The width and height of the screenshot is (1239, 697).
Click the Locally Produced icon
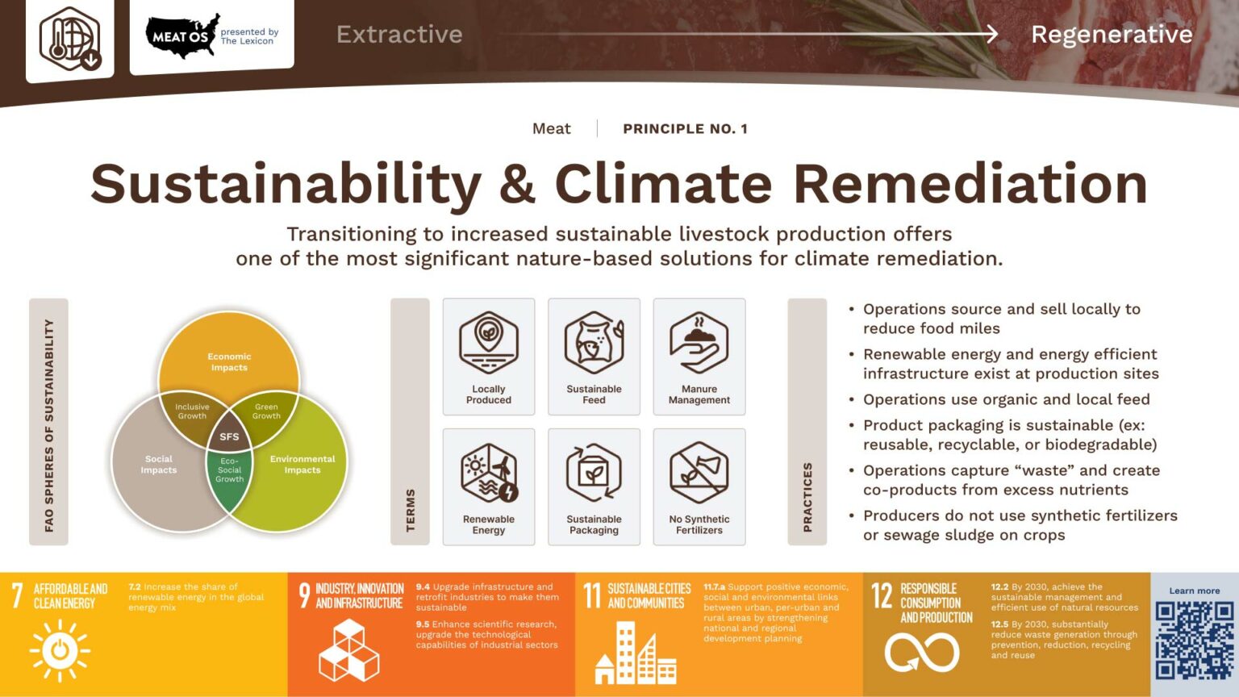(x=488, y=343)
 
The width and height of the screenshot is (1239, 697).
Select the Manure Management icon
(x=699, y=343)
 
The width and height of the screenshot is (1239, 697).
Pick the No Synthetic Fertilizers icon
(x=699, y=472)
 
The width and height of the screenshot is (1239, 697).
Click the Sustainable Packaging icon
(x=594, y=473)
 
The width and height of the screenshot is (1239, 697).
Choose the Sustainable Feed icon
(x=594, y=343)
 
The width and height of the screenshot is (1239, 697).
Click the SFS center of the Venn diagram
(x=229, y=436)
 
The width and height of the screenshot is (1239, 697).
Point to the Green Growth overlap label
(x=266, y=411)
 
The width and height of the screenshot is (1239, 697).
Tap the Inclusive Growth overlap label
(x=192, y=411)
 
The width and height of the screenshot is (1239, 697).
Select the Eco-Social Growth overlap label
(x=229, y=470)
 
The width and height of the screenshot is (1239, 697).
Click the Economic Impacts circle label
(x=229, y=361)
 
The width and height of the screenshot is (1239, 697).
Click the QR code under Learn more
(x=1195, y=641)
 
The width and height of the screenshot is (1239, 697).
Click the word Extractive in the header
(x=399, y=35)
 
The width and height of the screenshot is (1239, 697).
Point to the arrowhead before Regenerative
(x=991, y=34)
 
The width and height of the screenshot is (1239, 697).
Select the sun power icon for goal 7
(x=60, y=650)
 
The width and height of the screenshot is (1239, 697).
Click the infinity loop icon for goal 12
(x=922, y=652)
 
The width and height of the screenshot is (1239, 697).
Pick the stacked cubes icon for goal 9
(x=349, y=650)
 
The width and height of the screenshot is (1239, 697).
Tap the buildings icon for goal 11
(x=636, y=653)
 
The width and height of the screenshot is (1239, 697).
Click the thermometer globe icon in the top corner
(x=70, y=39)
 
